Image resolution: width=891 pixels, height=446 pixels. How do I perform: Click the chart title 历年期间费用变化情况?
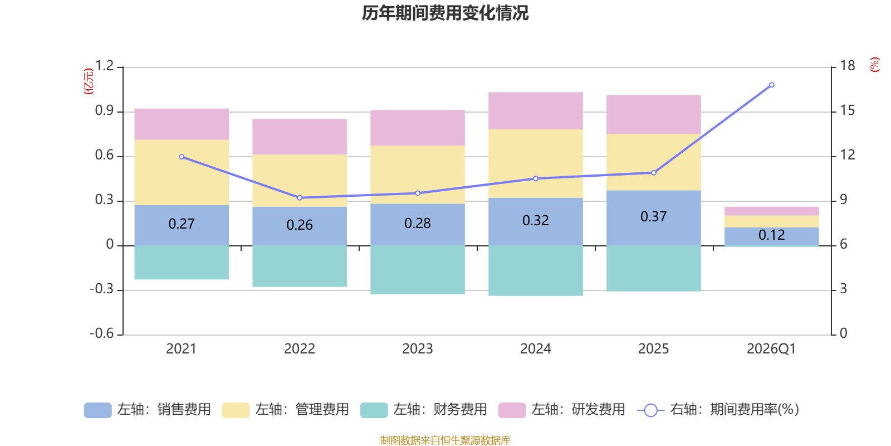pos(445,13)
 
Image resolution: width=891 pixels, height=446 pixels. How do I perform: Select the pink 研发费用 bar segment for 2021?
pos(182,124)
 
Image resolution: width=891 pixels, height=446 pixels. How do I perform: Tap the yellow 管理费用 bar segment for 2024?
pos(536,163)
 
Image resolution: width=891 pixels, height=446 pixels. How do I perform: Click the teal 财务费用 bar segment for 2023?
pos(418,269)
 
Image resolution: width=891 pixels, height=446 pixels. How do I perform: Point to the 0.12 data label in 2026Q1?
pos(771,235)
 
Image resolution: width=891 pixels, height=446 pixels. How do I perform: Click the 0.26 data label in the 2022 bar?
pos(300,225)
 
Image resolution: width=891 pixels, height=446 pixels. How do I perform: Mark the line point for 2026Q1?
pos(771,85)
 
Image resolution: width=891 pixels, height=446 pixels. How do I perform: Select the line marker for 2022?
pos(300,197)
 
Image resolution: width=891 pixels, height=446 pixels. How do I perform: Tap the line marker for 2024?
pos(536,178)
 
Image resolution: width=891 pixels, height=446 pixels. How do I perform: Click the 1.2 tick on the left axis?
pos(104,66)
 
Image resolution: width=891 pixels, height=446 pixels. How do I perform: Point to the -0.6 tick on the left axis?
pos(102,333)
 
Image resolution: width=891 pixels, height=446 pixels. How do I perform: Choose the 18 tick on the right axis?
pos(847,66)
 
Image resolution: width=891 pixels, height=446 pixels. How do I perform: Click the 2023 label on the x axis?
pos(418,349)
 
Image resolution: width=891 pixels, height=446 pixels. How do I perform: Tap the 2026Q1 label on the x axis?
pos(771,349)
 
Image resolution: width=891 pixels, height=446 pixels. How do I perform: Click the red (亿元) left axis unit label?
pos(89,81)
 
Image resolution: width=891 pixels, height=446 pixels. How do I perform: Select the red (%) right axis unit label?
pos(874,65)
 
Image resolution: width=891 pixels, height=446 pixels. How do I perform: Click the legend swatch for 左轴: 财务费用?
pos(374,410)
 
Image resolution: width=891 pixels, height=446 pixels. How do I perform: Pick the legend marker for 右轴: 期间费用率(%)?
pos(650,410)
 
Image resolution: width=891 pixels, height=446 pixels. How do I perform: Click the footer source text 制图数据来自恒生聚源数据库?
pos(445,440)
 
